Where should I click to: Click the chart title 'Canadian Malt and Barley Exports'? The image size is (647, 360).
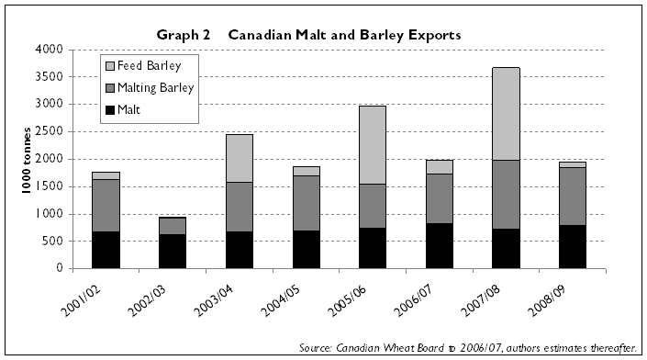(344, 35)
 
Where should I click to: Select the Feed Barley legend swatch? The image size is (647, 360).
(114, 66)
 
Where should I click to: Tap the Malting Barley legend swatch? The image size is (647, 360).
(114, 88)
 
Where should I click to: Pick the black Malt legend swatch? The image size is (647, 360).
(114, 110)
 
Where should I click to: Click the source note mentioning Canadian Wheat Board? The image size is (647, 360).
(469, 348)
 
